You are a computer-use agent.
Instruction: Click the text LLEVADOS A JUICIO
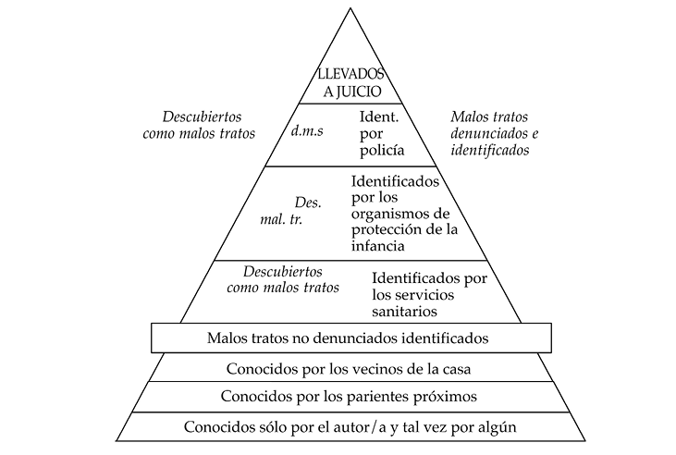[x=350, y=81]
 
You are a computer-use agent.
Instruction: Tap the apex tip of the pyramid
[x=350, y=8]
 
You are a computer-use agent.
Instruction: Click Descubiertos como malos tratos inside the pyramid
[x=289, y=279]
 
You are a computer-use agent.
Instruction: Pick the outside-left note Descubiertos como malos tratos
[x=202, y=126]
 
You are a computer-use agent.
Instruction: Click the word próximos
[x=446, y=397]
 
